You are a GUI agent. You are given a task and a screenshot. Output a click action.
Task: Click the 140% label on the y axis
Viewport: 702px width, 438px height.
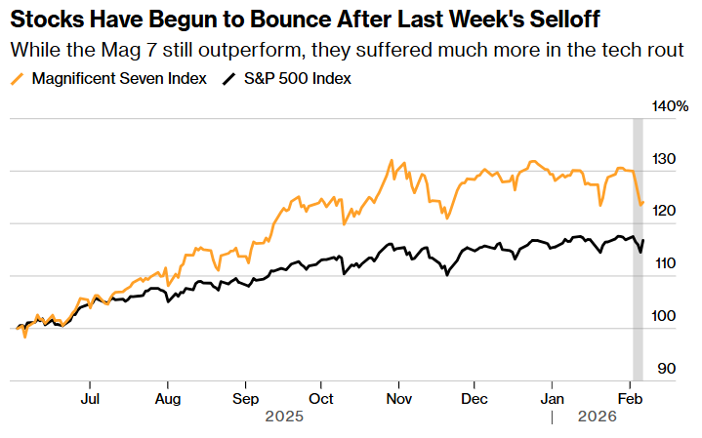(671, 106)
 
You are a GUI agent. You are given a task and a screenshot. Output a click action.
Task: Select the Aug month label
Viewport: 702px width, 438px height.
(168, 398)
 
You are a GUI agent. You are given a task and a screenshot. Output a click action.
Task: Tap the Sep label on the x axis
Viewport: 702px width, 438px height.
(246, 398)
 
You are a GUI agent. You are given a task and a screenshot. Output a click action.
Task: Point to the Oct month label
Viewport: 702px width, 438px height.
(321, 398)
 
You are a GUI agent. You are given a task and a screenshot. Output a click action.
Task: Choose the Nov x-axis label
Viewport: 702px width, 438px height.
(397, 398)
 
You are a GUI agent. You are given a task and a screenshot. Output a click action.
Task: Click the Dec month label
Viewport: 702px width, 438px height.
(475, 398)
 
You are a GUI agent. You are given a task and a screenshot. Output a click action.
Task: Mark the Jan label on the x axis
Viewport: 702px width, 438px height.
(553, 398)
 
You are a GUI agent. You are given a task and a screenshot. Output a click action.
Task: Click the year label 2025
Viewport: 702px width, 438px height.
(284, 417)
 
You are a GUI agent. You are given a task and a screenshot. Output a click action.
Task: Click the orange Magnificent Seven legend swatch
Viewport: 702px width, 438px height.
(18, 79)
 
